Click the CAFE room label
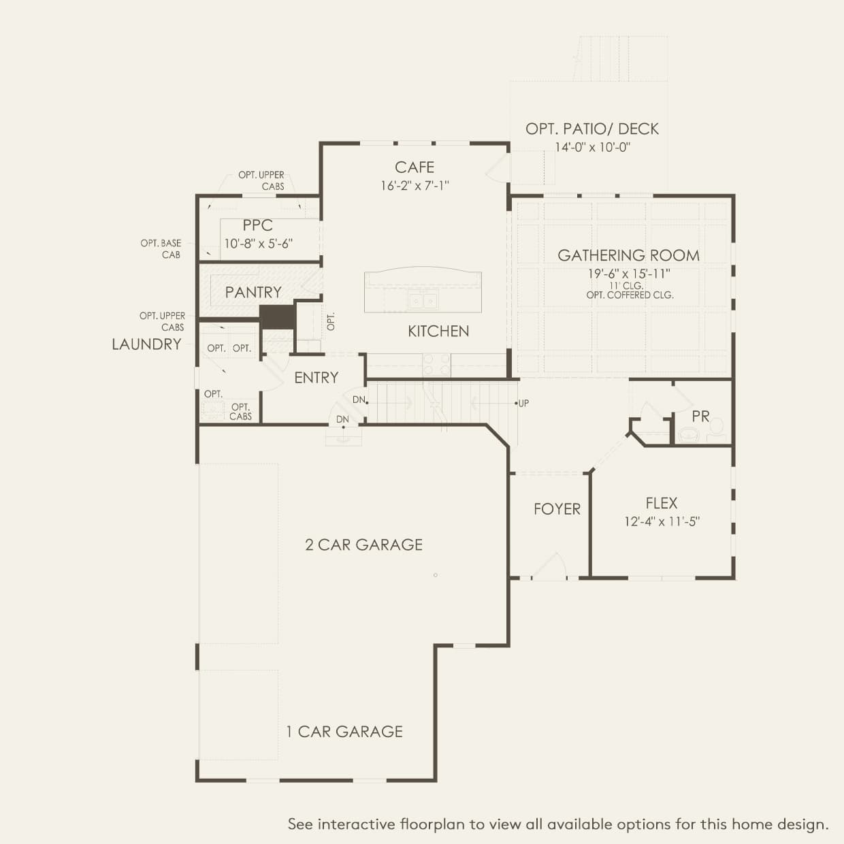(x=415, y=167)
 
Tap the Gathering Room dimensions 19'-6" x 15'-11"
(x=628, y=274)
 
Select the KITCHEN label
(x=438, y=331)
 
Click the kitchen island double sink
(x=423, y=300)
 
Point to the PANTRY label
(x=253, y=292)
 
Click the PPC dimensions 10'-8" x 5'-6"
(x=259, y=244)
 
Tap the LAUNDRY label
(x=146, y=344)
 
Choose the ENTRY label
(x=316, y=378)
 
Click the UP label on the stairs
(x=523, y=404)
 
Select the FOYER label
(x=557, y=509)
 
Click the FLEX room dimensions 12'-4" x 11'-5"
(x=662, y=521)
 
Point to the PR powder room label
(x=701, y=416)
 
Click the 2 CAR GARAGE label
(x=363, y=545)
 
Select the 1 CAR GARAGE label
(x=344, y=732)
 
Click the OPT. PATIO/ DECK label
(x=592, y=129)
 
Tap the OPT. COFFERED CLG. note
(x=630, y=295)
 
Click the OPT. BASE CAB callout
(x=161, y=249)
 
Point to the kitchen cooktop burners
(x=436, y=364)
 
